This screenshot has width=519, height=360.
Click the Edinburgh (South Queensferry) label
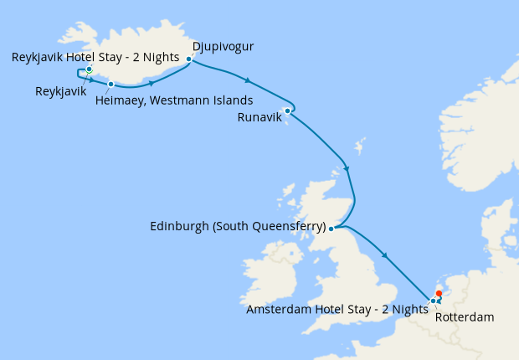238,226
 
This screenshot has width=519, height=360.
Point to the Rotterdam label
465,317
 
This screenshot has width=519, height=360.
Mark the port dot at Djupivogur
189,59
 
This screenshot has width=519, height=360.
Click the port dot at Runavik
287,110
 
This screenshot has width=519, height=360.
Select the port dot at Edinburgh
331,228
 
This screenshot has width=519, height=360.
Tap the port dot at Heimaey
110,84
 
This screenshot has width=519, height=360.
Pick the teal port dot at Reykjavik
89,69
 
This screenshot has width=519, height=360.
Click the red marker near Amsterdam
439,293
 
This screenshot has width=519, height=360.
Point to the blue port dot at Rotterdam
433,301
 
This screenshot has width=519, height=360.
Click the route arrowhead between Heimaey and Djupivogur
151,83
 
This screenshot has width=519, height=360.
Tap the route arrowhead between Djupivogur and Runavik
247,80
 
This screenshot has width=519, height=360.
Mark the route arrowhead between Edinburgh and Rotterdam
384,255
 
